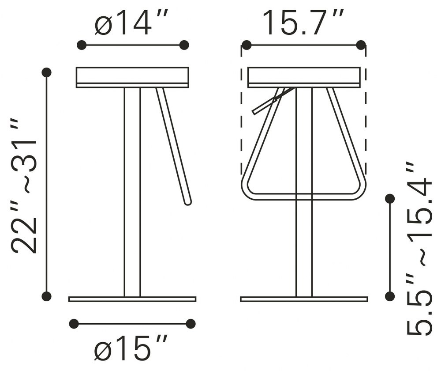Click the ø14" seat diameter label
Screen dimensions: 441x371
pyautogui.click(x=131, y=23)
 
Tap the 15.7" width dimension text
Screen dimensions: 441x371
pyautogui.click(x=303, y=23)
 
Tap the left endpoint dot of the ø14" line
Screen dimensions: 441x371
pyautogui.click(x=82, y=45)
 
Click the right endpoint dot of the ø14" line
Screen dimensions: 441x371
pyautogui.click(x=184, y=45)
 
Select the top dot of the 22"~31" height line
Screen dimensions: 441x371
pyautogui.click(x=46, y=72)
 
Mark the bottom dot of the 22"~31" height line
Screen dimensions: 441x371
pyautogui.click(x=46, y=296)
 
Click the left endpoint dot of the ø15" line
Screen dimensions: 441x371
pyautogui.click(x=74, y=324)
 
